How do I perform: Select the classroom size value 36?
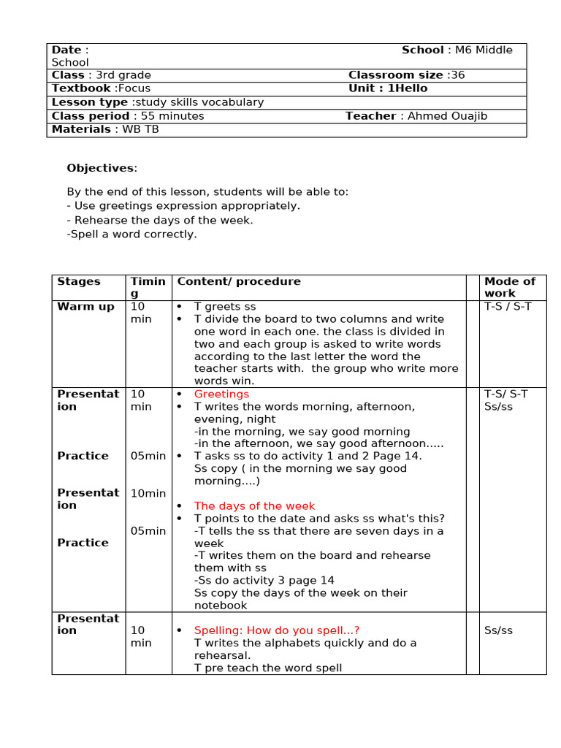[457, 75]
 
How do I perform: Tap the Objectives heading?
[101, 168]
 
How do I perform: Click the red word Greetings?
[221, 394]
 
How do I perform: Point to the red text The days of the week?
[254, 505]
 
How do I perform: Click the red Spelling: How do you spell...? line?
[277, 630]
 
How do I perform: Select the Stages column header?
[79, 281]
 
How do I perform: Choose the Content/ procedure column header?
[239, 281]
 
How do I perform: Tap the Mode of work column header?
[509, 287]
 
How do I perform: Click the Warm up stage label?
[85, 307]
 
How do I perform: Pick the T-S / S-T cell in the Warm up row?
[508, 307]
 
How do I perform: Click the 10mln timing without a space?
[148, 493]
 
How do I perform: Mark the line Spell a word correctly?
[131, 234]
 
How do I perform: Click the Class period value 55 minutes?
[169, 116]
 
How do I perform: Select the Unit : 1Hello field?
[388, 88]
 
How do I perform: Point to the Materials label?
[80, 129]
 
